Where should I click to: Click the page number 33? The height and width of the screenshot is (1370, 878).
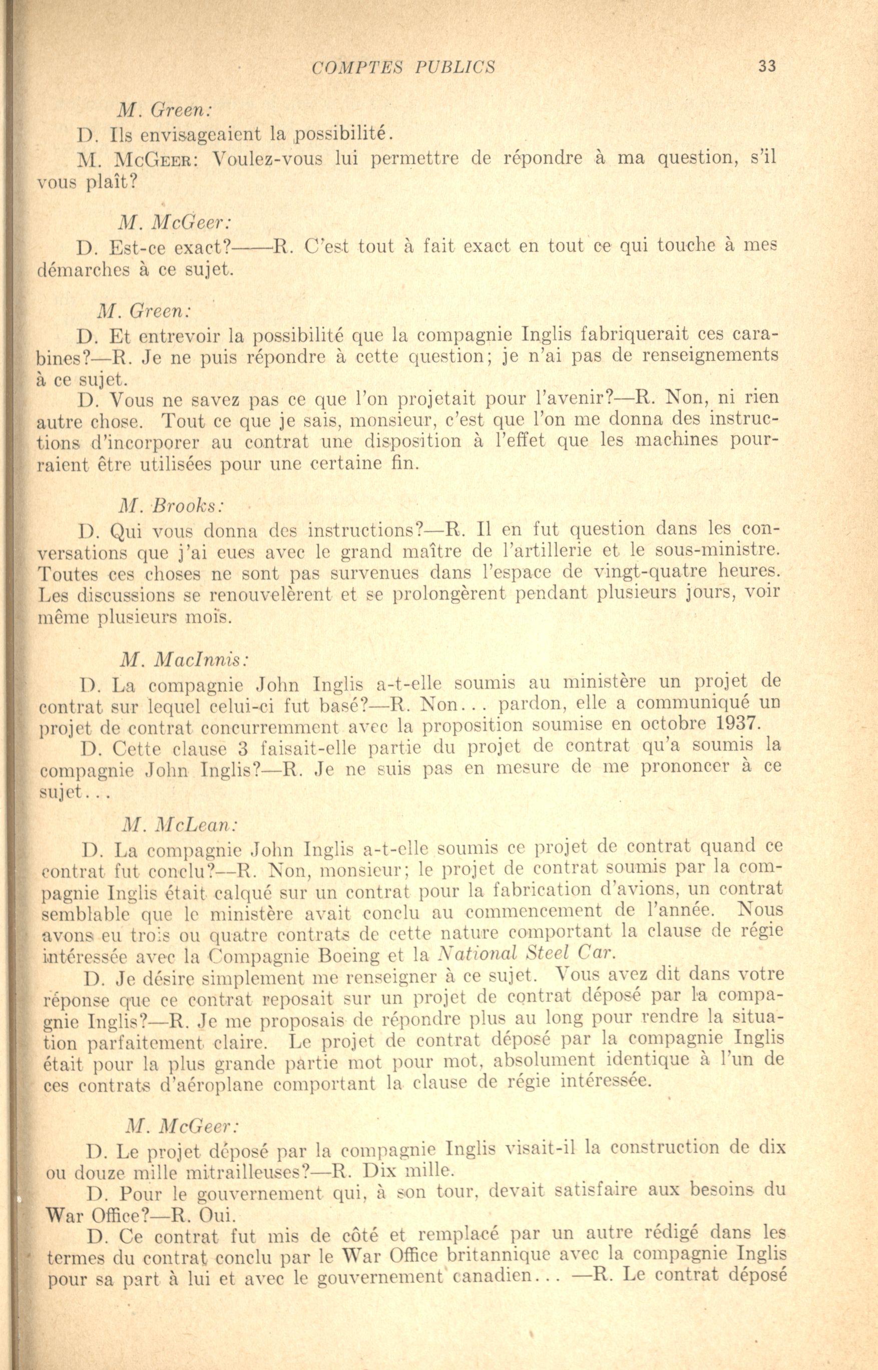click(767, 66)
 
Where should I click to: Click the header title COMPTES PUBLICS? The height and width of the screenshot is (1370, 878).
click(403, 67)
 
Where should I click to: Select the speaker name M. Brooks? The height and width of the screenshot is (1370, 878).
click(171, 506)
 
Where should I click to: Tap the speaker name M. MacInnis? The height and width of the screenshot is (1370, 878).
click(184, 659)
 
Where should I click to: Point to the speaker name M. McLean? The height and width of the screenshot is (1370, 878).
click(180, 824)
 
